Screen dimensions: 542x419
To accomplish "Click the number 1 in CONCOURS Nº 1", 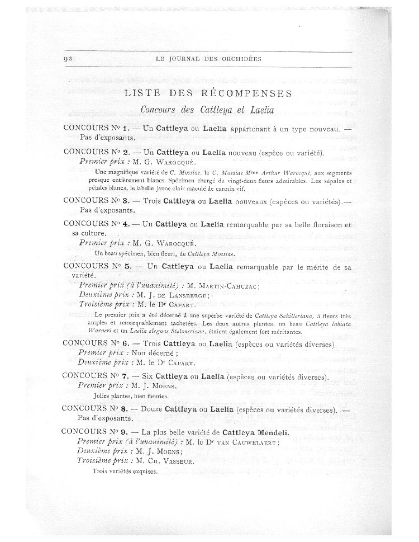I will click(126, 128).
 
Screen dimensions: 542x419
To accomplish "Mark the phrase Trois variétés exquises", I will click(125, 471).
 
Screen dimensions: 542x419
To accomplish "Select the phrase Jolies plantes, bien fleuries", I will click(132, 397).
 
